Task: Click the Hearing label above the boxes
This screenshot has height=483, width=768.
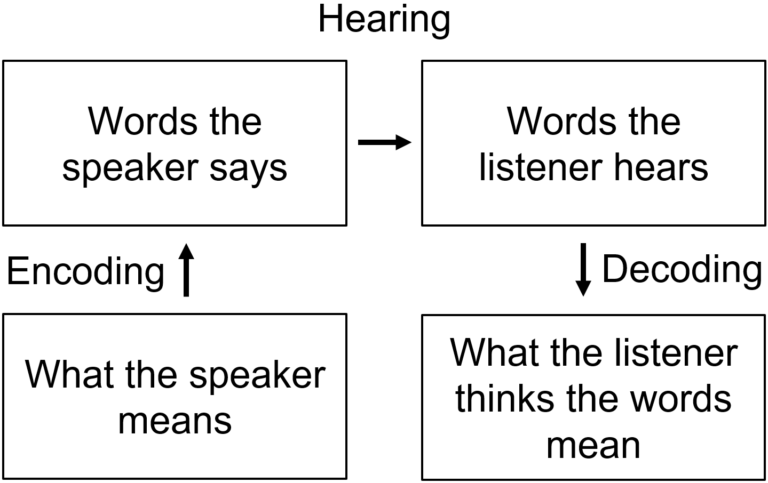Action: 384,20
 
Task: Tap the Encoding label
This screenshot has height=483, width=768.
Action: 85,271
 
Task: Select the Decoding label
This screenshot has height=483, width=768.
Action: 682,269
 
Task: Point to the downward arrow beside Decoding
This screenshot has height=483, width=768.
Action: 583,269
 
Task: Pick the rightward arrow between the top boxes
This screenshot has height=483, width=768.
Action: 384,142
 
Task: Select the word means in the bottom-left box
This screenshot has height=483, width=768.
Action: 175,421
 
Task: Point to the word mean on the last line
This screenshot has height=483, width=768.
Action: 593,445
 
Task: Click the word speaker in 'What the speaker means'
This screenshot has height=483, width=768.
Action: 257,376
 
